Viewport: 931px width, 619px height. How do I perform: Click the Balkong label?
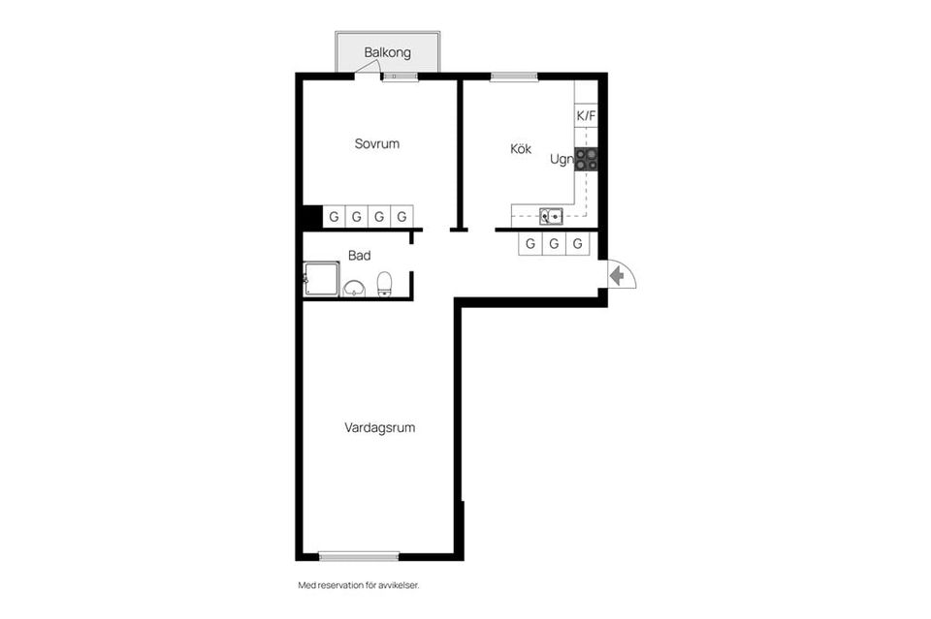(x=387, y=52)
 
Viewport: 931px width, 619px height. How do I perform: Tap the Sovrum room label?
(x=377, y=143)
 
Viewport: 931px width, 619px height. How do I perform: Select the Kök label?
(x=521, y=148)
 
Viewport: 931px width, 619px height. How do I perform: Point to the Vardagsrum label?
(x=379, y=427)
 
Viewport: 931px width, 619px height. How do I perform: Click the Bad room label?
(x=359, y=256)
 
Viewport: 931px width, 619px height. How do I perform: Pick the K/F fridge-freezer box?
(x=586, y=115)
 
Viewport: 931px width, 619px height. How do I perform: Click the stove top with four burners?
(x=586, y=159)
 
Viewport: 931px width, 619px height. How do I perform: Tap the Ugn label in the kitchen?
(x=562, y=159)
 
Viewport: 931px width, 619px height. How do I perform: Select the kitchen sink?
(x=551, y=216)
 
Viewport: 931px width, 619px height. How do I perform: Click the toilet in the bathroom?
(x=384, y=284)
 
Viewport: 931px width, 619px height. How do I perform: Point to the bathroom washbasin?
(x=355, y=288)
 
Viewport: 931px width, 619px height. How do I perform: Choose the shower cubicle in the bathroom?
(x=321, y=279)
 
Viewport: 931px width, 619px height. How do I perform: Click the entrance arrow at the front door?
(x=618, y=276)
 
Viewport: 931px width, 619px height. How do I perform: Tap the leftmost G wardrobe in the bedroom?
(x=335, y=216)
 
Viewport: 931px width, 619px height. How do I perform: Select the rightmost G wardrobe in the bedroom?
(x=401, y=216)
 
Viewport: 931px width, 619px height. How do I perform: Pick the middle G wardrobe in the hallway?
(x=554, y=244)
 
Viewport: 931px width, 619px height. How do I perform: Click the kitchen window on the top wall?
(x=514, y=77)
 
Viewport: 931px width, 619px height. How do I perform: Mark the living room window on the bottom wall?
(x=359, y=556)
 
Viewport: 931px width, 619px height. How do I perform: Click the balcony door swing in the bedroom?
(x=369, y=70)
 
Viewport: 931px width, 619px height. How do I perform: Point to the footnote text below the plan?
(x=359, y=585)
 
